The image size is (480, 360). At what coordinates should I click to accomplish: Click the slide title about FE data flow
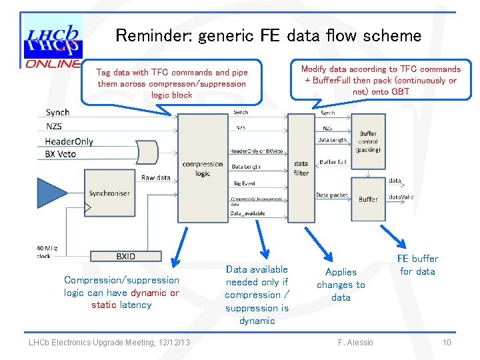[268, 35]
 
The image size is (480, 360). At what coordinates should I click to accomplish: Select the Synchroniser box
[109, 193]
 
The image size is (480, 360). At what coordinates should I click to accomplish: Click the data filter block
[301, 167]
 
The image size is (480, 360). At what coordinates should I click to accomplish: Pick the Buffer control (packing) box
[368, 142]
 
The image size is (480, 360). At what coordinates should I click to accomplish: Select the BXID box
[125, 256]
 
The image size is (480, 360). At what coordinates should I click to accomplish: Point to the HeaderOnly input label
[69, 141]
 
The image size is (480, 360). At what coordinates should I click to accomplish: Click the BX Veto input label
[61, 154]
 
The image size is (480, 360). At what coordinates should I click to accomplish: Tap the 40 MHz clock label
[45, 252]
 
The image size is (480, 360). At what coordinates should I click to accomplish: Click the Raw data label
[155, 178]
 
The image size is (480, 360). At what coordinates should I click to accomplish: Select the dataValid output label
[401, 197]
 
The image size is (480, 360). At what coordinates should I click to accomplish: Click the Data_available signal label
[247, 213]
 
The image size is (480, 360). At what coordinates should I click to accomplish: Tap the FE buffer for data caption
[417, 265]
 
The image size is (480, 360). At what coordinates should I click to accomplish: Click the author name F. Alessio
[355, 343]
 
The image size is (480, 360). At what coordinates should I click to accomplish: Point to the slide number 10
[447, 343]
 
